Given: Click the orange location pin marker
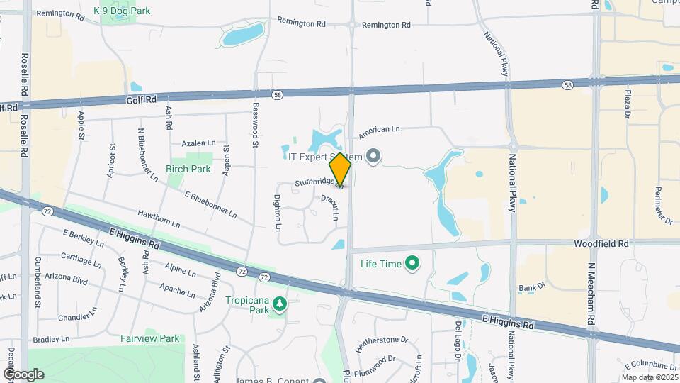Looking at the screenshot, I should pyautogui.click(x=341, y=170).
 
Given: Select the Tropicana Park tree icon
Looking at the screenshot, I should pyautogui.click(x=281, y=304).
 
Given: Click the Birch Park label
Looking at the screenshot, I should pyautogui.click(x=188, y=170).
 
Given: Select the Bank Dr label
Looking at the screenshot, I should pyautogui.click(x=531, y=288).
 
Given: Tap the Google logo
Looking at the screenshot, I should pyautogui.click(x=23, y=374).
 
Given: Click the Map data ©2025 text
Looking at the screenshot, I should pyautogui.click(x=649, y=377).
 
